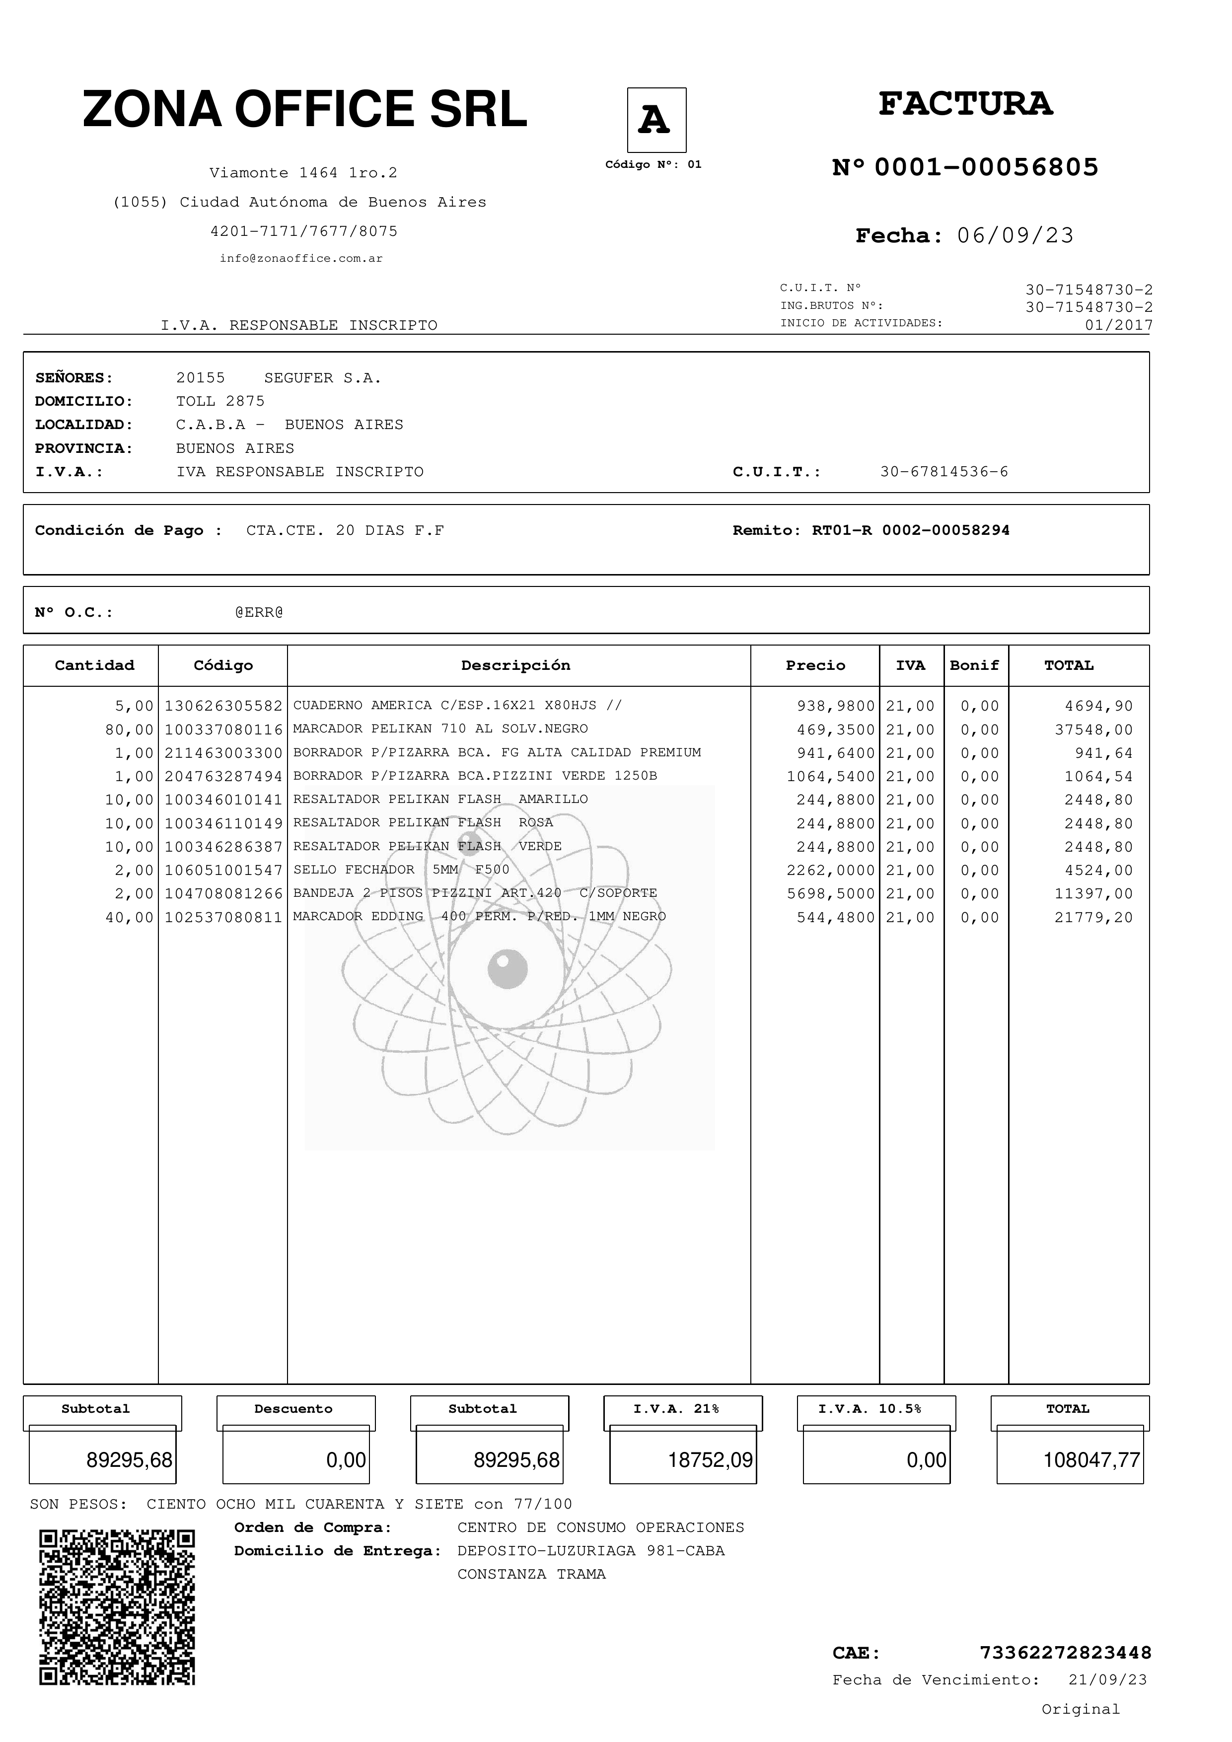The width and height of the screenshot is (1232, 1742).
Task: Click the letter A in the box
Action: pyautogui.click(x=655, y=120)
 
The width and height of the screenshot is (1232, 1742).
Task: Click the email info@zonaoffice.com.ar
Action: pyautogui.click(x=301, y=259)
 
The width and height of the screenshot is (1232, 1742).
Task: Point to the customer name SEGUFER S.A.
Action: pyautogui.click(x=322, y=378)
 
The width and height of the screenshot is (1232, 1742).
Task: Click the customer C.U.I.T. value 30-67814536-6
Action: pyautogui.click(x=943, y=472)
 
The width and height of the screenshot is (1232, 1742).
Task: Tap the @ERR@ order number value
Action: pyautogui.click(x=259, y=612)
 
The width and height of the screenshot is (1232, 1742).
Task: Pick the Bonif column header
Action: pyautogui.click(x=974, y=665)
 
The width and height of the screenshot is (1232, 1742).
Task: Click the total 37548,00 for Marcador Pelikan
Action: pyautogui.click(x=1093, y=730)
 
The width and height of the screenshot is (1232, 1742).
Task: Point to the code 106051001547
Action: pyautogui.click(x=223, y=870)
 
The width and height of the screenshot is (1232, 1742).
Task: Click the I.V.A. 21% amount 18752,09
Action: pyautogui.click(x=710, y=1460)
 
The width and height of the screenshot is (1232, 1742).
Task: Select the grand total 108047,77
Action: pyautogui.click(x=1091, y=1460)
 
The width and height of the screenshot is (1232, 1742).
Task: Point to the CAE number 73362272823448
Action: pyautogui.click(x=1065, y=1653)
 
